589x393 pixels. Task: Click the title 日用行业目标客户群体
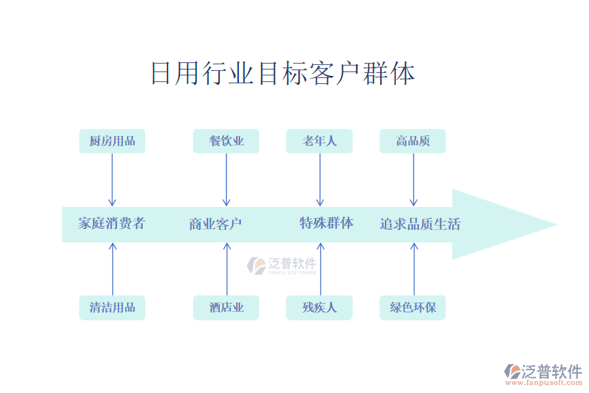tap(283, 73)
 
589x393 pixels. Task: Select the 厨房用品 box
tap(112, 141)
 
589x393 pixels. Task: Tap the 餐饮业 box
tap(226, 141)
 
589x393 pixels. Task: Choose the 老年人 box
tap(319, 141)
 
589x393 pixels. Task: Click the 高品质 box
tap(413, 141)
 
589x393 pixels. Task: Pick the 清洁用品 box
tap(112, 307)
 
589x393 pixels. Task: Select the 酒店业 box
tap(226, 307)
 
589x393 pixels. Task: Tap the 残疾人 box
tap(319, 307)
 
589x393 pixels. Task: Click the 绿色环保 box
tap(413, 307)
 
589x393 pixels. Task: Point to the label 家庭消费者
tap(111, 223)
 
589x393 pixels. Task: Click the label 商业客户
tap(215, 224)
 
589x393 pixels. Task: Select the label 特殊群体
tap(327, 223)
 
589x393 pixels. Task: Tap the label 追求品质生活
tap(420, 224)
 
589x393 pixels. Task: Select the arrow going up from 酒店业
tap(227, 269)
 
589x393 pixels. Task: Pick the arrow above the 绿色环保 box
tap(414, 269)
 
